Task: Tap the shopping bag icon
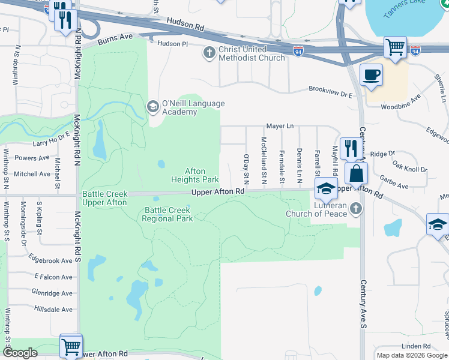(x=357, y=174)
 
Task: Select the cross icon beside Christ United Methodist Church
(x=209, y=53)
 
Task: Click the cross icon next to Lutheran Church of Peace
(x=356, y=209)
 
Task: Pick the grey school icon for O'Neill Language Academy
(x=152, y=107)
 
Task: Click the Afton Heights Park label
(x=195, y=175)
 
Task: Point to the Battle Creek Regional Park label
(x=167, y=214)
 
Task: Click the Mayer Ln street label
(x=280, y=126)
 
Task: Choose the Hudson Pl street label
(x=172, y=43)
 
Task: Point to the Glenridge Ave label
(x=53, y=293)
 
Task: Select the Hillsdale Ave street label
(x=53, y=310)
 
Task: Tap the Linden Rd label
(x=417, y=346)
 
